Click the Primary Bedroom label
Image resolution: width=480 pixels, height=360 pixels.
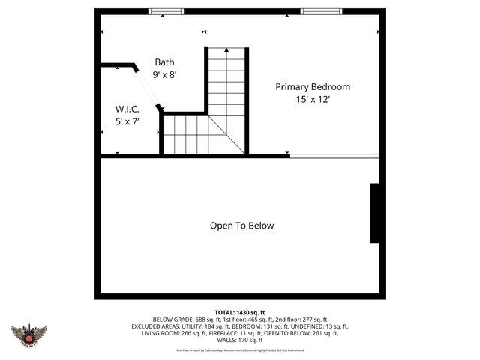312,87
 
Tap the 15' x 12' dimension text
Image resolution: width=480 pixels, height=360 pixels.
312,99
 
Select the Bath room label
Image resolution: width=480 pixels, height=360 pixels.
164,62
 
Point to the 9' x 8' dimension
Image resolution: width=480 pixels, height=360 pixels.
165,74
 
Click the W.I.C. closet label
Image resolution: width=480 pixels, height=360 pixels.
127,109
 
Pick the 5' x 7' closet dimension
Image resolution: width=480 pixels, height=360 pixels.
127,121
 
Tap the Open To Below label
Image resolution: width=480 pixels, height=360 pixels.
241,226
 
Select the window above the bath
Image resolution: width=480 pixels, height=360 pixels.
166,11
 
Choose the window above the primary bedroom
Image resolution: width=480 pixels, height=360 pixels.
322,11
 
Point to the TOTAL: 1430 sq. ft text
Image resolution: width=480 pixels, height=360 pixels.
240,312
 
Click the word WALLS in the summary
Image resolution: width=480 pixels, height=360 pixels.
229,340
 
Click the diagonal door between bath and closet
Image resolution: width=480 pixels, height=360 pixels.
148,88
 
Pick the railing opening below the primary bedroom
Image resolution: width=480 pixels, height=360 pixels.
334,156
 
